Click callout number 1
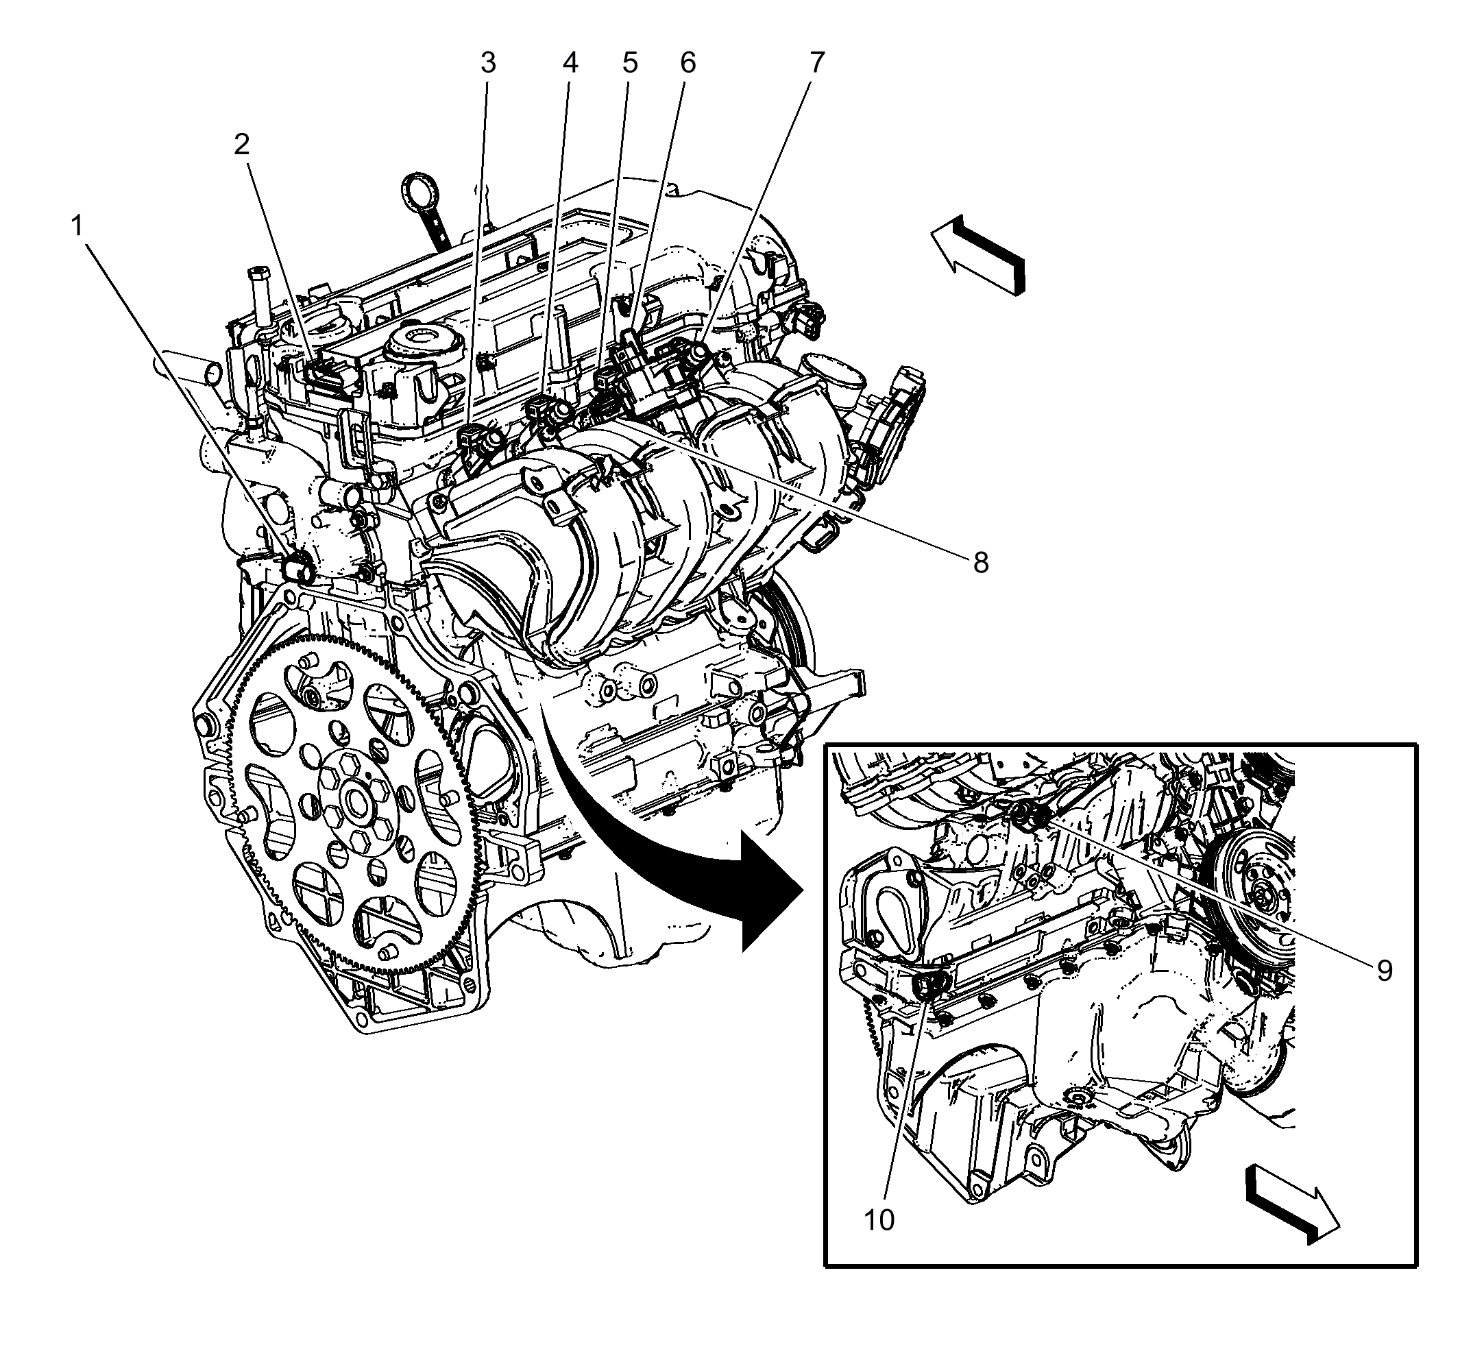pyautogui.click(x=77, y=227)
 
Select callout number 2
pyautogui.click(x=242, y=145)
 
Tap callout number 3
pyautogui.click(x=487, y=64)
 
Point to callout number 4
pyautogui.click(x=570, y=64)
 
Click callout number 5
pyautogui.click(x=630, y=64)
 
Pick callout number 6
pyautogui.click(x=688, y=64)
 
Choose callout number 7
pyautogui.click(x=817, y=64)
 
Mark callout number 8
pyautogui.click(x=980, y=562)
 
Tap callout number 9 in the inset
pyautogui.click(x=1385, y=970)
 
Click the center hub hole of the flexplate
pyautogui.click(x=358, y=803)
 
